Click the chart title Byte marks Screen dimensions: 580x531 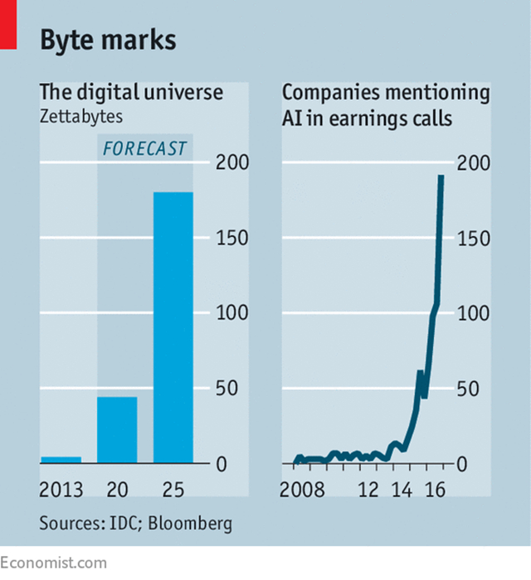click(x=108, y=39)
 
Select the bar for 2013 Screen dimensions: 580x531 click(x=61, y=459)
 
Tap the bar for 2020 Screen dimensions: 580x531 click(x=117, y=430)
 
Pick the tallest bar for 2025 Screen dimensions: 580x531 click(x=173, y=327)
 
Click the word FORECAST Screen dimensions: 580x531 click(x=144, y=150)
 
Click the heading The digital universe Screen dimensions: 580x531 click(x=131, y=91)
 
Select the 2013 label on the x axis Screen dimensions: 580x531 click(x=61, y=489)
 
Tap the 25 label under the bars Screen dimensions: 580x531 click(x=173, y=489)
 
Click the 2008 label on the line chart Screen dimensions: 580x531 click(x=302, y=489)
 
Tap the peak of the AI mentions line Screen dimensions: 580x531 click(x=441, y=176)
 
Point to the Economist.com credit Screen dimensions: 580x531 click(x=54, y=563)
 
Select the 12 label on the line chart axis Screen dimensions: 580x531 click(x=368, y=489)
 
